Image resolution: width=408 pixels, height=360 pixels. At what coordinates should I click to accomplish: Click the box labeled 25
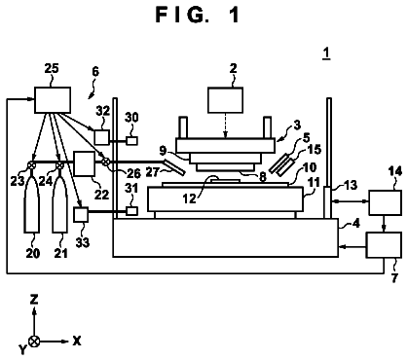(x=53, y=100)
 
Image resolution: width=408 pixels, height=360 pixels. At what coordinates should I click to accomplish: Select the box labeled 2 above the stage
(x=226, y=100)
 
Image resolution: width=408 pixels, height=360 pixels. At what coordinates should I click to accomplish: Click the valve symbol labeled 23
(x=31, y=165)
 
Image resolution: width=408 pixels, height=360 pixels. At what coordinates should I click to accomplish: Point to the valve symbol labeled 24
(x=59, y=165)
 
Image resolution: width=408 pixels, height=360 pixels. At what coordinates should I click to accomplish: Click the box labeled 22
(x=85, y=163)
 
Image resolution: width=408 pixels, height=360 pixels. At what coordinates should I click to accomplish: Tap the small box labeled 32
(x=102, y=137)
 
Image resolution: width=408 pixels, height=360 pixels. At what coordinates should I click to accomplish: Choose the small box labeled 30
(x=131, y=141)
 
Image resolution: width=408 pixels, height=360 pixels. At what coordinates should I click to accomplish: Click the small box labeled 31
(x=131, y=211)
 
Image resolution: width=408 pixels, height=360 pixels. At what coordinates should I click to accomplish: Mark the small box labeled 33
(x=81, y=214)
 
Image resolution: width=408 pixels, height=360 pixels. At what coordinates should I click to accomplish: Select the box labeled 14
(x=385, y=202)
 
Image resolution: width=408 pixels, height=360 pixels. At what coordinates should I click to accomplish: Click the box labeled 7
(x=384, y=245)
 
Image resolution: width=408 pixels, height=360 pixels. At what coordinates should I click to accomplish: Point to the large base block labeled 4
(x=225, y=237)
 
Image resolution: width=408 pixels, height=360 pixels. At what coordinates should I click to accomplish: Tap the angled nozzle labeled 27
(x=174, y=167)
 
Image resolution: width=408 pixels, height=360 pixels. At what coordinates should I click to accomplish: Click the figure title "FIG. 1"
(x=198, y=15)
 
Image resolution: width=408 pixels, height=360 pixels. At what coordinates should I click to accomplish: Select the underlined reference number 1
(x=326, y=54)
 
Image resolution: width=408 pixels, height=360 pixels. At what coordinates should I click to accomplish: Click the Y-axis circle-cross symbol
(x=34, y=342)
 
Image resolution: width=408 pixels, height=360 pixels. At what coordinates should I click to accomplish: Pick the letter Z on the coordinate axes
(x=34, y=300)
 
